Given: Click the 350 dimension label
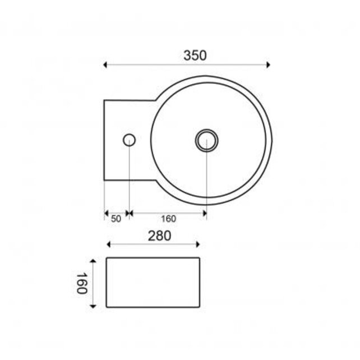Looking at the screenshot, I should pos(195,56).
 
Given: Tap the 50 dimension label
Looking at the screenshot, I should pos(116,219).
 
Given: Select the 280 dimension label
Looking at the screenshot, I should pos(159,236).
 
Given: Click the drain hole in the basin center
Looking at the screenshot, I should pos(206,140).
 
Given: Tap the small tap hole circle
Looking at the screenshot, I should pos(129,140).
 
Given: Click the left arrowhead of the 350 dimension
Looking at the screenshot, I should pos(106,66).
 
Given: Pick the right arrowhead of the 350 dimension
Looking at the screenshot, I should pos(269,66).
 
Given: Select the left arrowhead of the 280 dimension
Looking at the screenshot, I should pos(109,244).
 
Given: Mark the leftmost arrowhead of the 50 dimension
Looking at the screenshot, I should pos(107,213).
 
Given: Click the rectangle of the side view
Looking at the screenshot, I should pos(153,282).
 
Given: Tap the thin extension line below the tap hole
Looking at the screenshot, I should pos(130,179).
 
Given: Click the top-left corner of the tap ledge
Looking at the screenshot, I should pos(105,100).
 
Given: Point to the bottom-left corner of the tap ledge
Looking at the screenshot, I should pos(105,180).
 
